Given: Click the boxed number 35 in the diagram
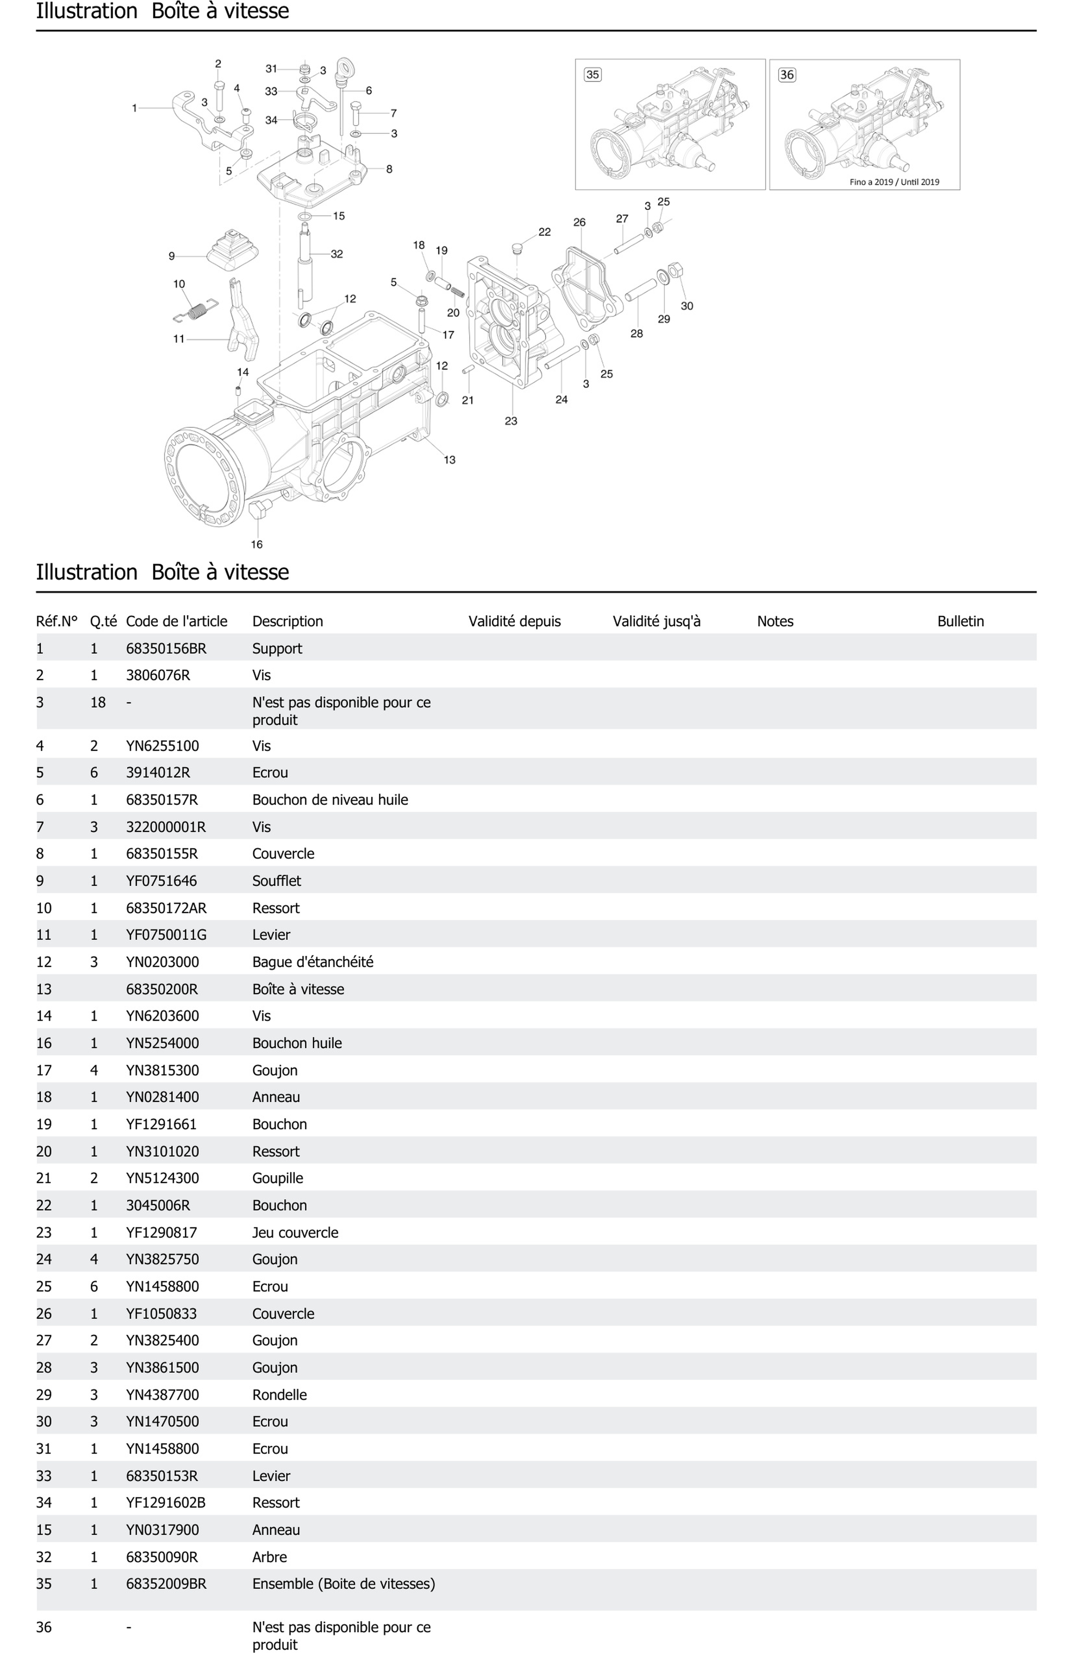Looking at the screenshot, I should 592,74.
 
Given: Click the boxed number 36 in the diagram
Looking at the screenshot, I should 786,74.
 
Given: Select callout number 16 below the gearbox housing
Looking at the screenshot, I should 256,545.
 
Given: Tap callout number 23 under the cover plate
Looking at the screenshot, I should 511,421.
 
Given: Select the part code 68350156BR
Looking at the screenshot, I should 166,649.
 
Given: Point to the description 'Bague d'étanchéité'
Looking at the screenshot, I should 313,962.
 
